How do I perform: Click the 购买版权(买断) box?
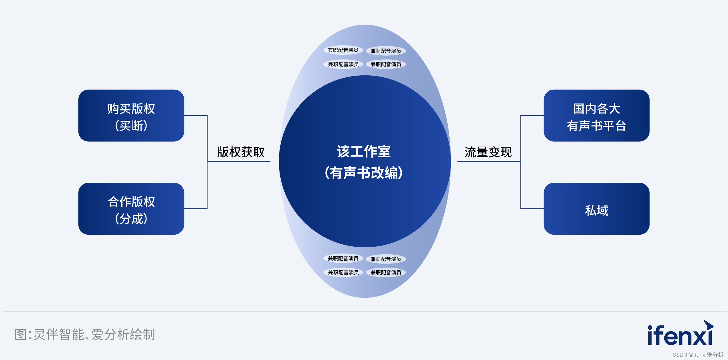[131, 116]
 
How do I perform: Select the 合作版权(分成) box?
[131, 209]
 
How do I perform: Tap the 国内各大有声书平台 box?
[596, 116]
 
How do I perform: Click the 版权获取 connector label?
[241, 152]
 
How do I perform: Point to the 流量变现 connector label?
[488, 152]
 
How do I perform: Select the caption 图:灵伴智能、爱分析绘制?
[85, 334]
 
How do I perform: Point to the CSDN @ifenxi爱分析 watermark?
[698, 355]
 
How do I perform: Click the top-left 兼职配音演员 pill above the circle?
[343, 50]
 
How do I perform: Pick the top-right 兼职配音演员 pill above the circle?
[386, 51]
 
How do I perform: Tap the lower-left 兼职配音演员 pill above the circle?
[343, 64]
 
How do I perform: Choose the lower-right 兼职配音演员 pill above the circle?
[386, 64]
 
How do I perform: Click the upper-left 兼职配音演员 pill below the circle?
[343, 258]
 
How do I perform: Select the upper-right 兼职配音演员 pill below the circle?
[386, 259]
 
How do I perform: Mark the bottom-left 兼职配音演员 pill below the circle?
[343, 272]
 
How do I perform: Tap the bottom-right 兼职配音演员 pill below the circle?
[386, 272]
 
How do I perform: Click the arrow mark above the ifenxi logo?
[709, 325]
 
